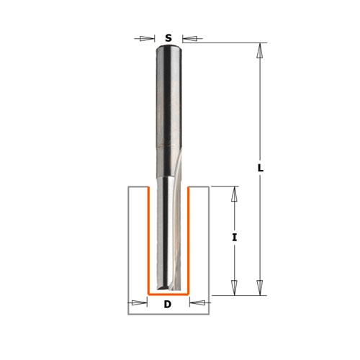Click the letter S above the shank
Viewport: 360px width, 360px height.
pos(168,38)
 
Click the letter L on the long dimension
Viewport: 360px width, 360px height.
pos(261,168)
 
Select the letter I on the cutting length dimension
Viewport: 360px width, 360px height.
pos(235,238)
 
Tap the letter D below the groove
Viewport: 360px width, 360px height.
pos(168,305)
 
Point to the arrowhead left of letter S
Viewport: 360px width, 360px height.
pos(147,38)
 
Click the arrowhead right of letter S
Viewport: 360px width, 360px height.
pos(189,38)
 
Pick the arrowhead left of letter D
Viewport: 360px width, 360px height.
pos(140,302)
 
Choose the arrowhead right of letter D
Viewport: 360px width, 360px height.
pos(197,302)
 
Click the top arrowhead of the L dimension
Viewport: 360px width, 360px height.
pos(259,50)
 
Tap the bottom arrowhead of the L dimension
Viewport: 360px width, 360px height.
pos(259,287)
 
